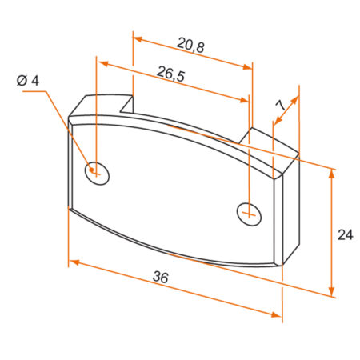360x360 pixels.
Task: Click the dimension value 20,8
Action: point(190,47)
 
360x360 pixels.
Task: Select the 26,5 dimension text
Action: point(172,76)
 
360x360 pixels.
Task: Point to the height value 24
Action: point(345,234)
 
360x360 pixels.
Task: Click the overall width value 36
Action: point(161,278)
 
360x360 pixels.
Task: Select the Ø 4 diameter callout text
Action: point(26,80)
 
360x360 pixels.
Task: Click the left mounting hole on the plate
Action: point(98,171)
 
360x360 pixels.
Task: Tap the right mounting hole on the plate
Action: point(250,213)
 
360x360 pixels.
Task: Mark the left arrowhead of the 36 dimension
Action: point(74,262)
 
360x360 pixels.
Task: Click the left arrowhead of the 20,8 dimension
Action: point(137,38)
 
